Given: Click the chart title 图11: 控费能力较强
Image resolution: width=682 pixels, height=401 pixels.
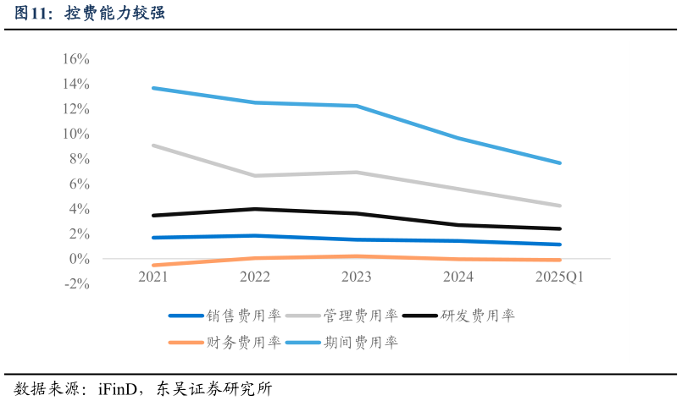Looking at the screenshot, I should point(89,13).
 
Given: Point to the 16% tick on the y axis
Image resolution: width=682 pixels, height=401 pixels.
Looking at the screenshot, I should point(75,59).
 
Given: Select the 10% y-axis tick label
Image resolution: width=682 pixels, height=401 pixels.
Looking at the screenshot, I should point(75,134).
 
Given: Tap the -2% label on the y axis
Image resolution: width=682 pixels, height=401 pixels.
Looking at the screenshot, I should point(75,283).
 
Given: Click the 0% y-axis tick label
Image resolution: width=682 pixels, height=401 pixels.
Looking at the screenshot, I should point(79,259).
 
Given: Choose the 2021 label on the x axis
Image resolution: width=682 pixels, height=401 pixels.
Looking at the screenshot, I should point(153,277).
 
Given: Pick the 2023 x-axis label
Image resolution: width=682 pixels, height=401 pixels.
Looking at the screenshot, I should point(357,277).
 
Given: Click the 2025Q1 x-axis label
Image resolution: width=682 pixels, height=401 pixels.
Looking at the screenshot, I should point(559,277).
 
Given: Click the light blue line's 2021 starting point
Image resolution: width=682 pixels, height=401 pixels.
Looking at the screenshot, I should point(153,88).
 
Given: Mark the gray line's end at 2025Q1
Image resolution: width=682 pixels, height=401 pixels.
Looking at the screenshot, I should point(559,206).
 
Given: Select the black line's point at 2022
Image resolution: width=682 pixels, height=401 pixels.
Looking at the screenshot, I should point(255,209).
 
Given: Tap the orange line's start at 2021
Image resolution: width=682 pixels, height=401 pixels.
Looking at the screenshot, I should point(153,265).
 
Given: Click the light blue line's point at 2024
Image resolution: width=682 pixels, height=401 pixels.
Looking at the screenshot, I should point(458,138).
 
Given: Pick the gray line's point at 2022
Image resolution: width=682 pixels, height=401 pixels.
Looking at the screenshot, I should point(255,175).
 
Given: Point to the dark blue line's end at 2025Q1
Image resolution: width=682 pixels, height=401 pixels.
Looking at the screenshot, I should point(559,244).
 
